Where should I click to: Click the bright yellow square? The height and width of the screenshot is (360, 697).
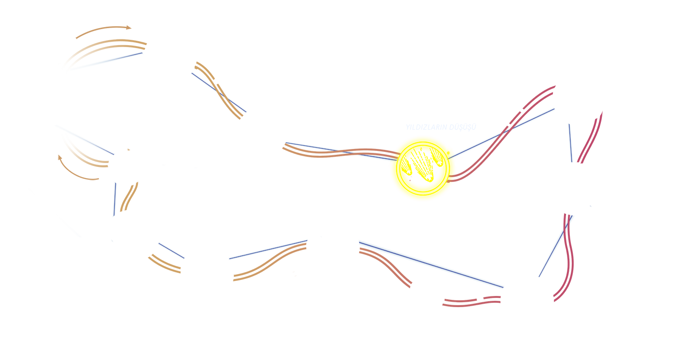(x=423, y=189)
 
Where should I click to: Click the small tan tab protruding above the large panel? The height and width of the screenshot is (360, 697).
(x=103, y=32)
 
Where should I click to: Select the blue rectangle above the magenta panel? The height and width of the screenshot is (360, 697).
(x=541, y=67)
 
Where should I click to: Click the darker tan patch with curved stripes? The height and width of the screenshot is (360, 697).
(x=78, y=168)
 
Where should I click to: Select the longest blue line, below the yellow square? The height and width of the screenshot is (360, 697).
(x=431, y=263)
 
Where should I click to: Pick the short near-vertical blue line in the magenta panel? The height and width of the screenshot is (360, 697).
(x=571, y=143)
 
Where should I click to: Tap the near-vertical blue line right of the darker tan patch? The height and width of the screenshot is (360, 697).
(x=115, y=199)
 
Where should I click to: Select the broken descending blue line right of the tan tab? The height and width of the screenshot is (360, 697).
(x=219, y=92)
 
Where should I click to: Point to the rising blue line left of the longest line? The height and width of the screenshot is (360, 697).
(x=268, y=249)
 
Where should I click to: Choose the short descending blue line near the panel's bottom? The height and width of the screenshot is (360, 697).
(x=171, y=250)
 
